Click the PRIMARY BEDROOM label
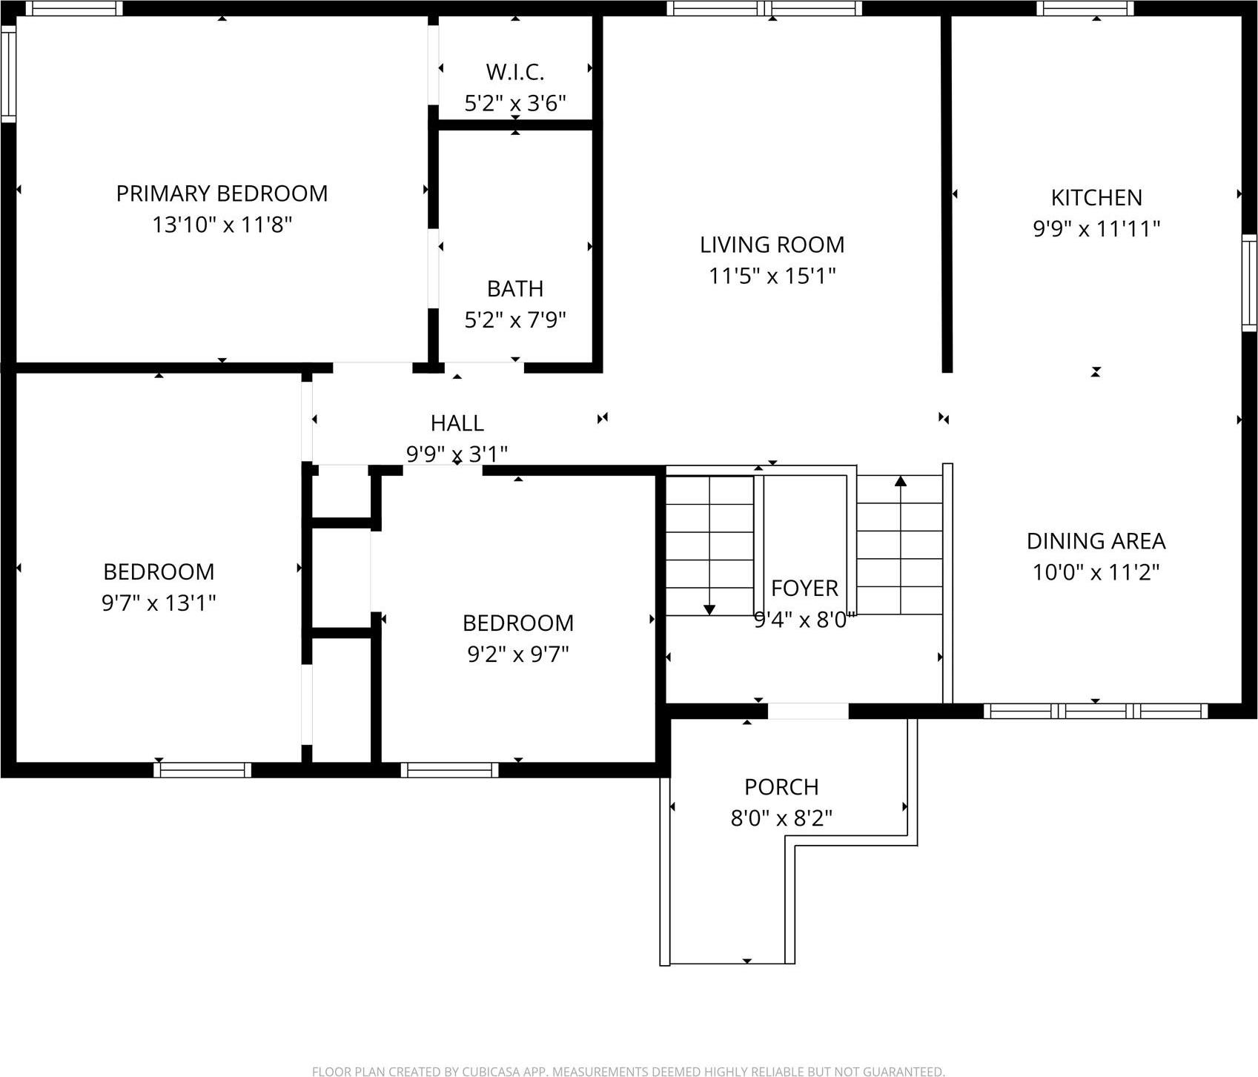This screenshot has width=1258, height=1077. coord(222,193)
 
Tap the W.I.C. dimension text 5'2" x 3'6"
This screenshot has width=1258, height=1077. coord(515,103)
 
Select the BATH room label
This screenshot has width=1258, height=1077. coord(515,288)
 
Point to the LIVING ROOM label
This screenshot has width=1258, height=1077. coord(772,245)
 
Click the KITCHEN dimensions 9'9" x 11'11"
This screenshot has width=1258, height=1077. coord(1096,228)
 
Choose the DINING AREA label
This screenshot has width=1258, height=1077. coord(1096,541)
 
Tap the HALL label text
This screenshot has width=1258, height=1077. coord(457,423)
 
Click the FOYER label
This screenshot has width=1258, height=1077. coord(804,588)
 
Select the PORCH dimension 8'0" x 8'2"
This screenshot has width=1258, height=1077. coord(781,818)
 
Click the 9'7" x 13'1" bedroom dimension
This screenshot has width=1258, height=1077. coord(159,603)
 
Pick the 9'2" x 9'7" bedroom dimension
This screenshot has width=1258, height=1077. coord(517,654)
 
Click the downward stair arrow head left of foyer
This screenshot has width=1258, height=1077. coord(709,609)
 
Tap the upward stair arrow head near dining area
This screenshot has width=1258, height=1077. coord(901,481)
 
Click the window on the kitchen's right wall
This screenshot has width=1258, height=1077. coord(1249,282)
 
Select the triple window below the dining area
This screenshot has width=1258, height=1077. coord(1096,712)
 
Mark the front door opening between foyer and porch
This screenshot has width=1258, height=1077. coord(807,712)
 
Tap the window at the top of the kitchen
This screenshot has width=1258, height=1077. coord(1085,8)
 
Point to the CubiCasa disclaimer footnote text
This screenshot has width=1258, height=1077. coord(629,1071)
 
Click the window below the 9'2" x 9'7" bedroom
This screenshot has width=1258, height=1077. coord(449,770)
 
